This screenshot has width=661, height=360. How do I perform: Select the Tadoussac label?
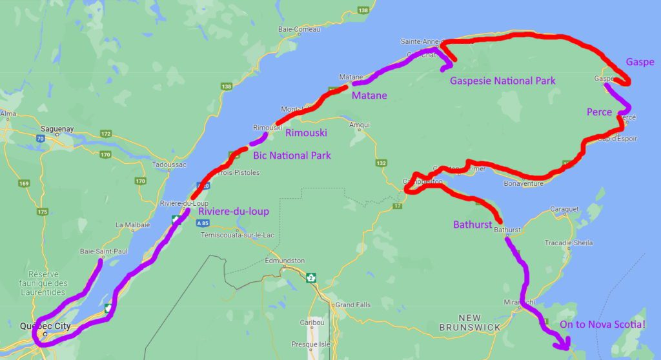pos(169,165)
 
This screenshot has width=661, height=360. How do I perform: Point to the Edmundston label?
pos(285,261)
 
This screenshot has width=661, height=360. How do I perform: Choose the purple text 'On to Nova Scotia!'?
pos(602,325)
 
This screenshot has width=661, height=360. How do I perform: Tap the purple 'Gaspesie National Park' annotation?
pos(503,81)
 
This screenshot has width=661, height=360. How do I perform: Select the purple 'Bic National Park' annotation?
pos(292,155)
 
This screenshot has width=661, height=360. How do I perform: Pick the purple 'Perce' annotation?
pos(599,112)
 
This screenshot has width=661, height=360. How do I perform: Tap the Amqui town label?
pos(359,125)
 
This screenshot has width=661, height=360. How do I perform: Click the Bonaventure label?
pos(524,183)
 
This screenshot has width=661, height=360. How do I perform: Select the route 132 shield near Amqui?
pos(381,163)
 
